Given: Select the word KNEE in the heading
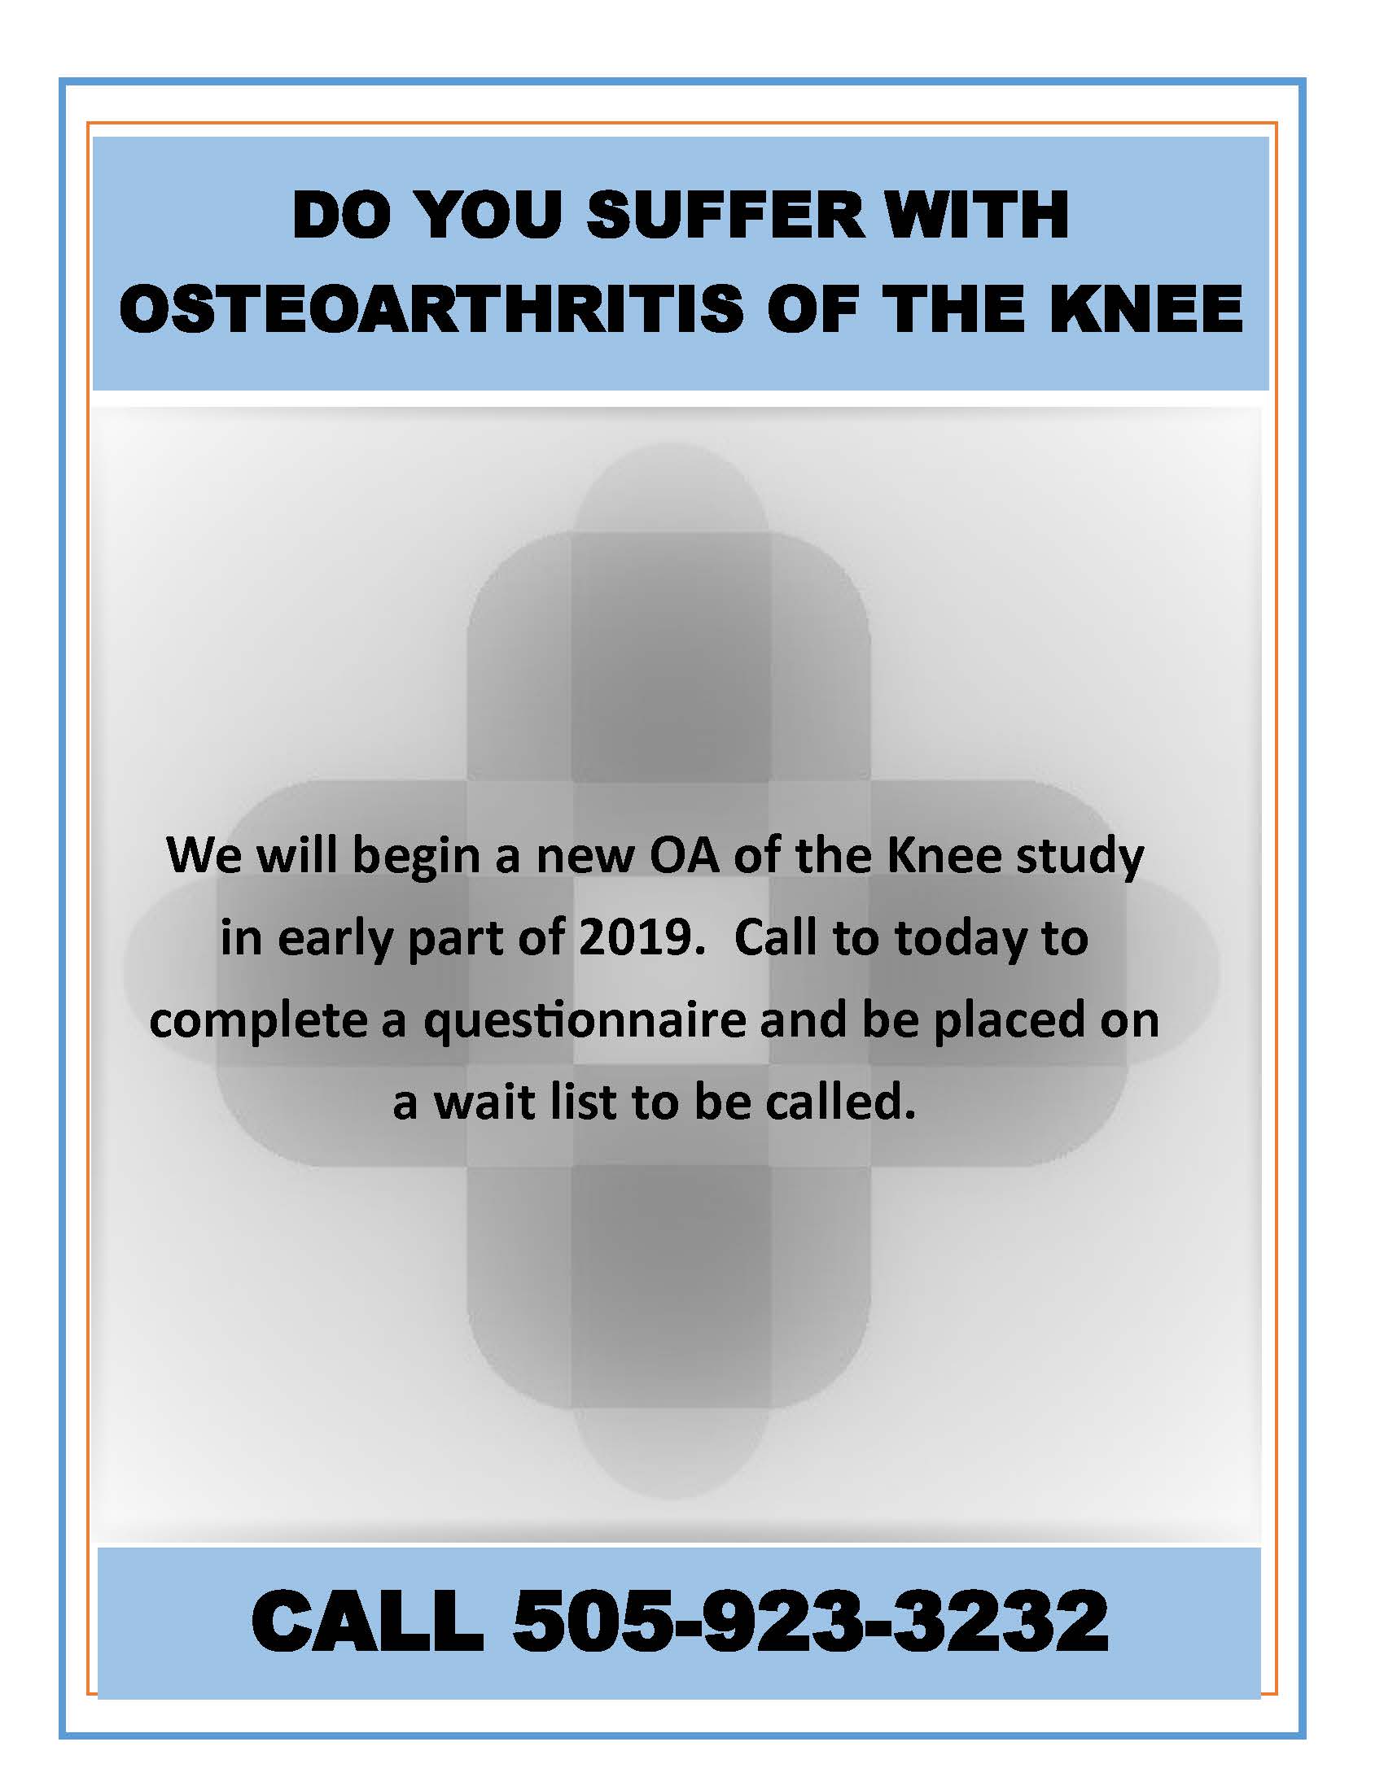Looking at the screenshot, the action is pyautogui.click(x=1146, y=309).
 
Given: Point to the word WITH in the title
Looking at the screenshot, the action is pyautogui.click(x=973, y=215).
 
